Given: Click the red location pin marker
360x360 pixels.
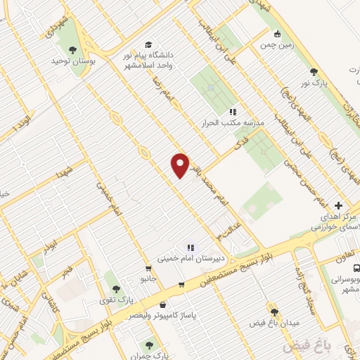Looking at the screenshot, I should point(181,165).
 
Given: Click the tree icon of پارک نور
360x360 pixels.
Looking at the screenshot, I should point(313,72).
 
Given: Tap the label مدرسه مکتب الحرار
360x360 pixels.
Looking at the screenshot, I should point(235,122).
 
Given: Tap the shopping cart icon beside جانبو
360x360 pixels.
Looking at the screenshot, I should point(148,268).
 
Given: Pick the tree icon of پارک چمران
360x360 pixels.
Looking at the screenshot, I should point(148,344).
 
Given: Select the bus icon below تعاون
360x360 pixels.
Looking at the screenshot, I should point(356,268).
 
